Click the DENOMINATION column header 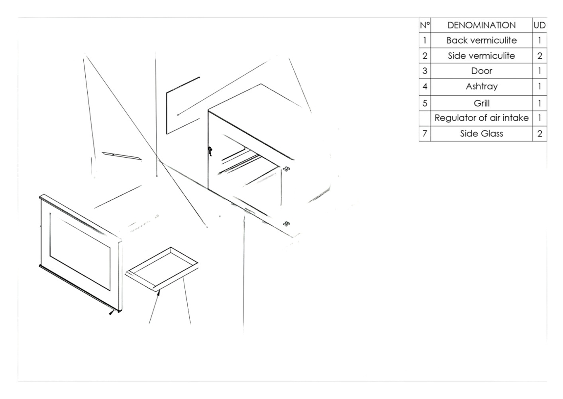point(481,25)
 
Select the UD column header point(539,25)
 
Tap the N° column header point(425,25)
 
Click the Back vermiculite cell point(481,40)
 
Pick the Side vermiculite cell point(481,55)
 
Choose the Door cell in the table point(481,71)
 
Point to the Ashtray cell point(482,87)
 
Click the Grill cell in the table point(482,103)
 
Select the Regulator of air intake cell point(482,118)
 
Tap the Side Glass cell point(482,133)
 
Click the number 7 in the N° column point(425,133)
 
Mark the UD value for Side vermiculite point(539,55)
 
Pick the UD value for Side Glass point(539,133)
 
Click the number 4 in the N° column point(425,87)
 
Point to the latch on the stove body point(210,151)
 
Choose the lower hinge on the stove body point(286,223)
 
